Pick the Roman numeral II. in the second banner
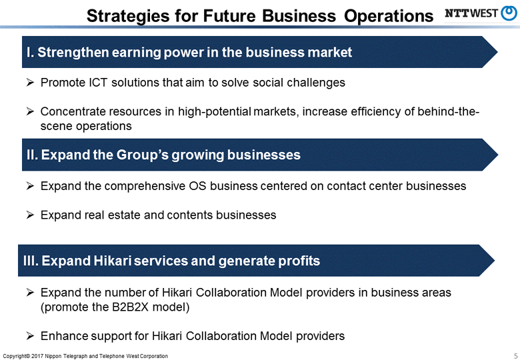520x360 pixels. [x=32, y=155]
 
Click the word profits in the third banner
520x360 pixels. [x=297, y=261]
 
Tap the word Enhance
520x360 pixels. [x=64, y=336]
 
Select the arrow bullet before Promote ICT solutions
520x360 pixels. [x=30, y=83]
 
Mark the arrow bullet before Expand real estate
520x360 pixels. [x=30, y=215]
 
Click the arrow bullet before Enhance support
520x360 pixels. [x=30, y=336]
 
